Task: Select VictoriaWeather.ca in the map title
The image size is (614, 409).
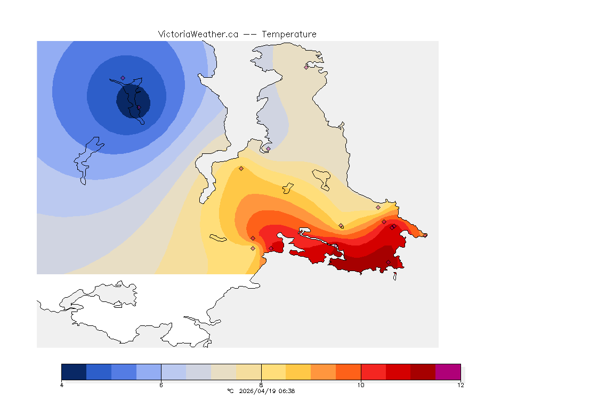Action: point(198,34)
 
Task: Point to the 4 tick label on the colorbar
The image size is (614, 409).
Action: point(62,385)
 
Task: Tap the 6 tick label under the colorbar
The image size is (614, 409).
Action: point(161,385)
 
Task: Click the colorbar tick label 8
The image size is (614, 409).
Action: point(261,385)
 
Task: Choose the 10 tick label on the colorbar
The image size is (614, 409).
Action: point(361,385)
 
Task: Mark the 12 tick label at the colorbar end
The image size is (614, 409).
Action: point(461,385)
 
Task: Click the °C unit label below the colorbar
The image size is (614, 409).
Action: point(230,391)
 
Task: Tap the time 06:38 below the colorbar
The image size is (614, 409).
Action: point(287,391)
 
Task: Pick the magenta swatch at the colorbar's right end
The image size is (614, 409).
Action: point(448,372)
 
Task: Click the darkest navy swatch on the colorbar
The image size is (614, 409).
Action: point(74,372)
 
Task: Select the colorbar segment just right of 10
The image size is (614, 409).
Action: point(373,372)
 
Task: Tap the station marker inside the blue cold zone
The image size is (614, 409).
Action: point(123,78)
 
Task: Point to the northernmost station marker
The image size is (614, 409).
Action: point(306,67)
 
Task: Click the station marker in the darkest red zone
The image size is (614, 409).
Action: point(388,262)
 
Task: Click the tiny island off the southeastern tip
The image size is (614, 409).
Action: point(395,276)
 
